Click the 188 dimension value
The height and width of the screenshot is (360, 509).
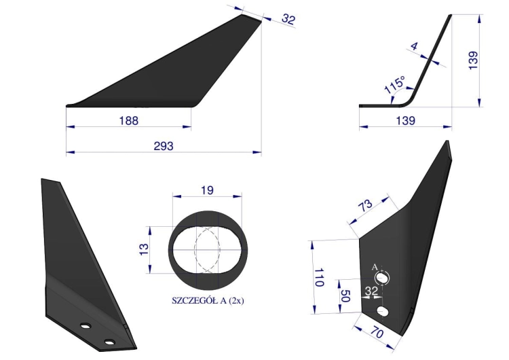[128, 120]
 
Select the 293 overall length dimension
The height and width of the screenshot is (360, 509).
[164, 146]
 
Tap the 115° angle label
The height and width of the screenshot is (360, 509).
[395, 85]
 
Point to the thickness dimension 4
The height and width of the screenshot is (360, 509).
[414, 46]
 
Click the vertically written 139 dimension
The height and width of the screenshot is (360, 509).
[473, 60]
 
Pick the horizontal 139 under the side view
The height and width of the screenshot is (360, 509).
[405, 120]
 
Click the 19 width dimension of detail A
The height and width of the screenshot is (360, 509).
[207, 190]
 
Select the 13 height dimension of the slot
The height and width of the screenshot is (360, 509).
[144, 249]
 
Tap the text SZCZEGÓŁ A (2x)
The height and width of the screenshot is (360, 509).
[208, 300]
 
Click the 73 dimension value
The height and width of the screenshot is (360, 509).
[366, 206]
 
